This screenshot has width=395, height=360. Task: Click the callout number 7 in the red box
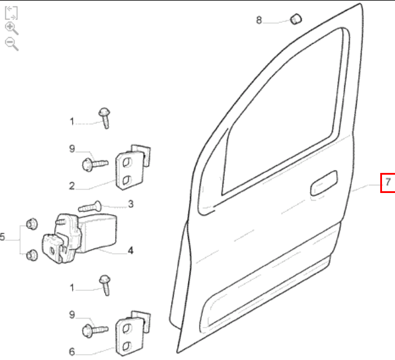coord(388,182)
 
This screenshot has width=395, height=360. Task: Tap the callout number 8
coord(259,20)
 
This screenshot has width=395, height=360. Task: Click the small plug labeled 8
coord(296,19)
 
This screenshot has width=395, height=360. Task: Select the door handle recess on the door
coord(324,183)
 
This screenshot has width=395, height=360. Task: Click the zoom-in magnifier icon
coord(11,28)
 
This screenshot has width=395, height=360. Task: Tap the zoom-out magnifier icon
coord(11,44)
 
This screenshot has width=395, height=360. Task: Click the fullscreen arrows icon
coord(11,13)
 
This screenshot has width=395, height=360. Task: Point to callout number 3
coord(130,204)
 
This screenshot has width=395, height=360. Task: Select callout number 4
coord(130,250)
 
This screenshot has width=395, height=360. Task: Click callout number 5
coord(2,237)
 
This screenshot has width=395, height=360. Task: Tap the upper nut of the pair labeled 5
coord(32,224)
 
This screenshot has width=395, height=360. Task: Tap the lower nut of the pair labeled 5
coord(32,255)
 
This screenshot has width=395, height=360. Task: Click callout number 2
coord(72,186)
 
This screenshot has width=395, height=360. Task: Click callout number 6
coord(72,352)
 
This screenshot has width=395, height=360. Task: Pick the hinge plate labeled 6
coord(133,333)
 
